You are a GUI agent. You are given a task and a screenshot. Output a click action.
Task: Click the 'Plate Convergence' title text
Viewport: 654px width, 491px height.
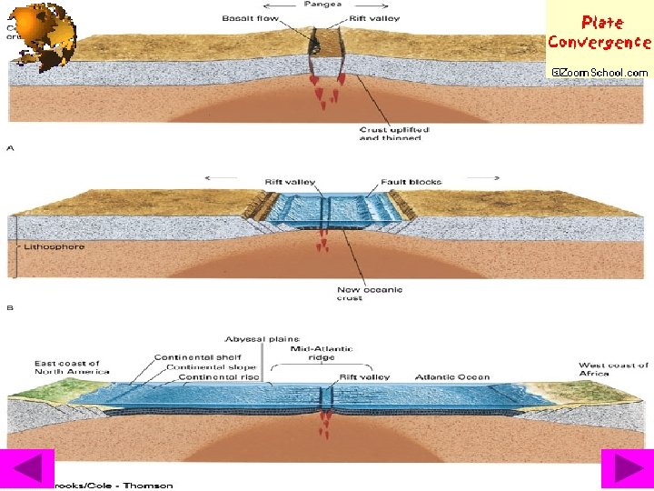point(599,32)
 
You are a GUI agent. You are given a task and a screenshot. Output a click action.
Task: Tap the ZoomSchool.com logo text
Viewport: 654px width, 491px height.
point(599,72)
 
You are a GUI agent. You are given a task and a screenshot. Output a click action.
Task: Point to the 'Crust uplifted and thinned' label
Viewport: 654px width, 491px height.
point(393,134)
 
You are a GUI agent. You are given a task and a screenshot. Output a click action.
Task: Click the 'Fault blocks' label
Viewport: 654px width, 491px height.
point(411,182)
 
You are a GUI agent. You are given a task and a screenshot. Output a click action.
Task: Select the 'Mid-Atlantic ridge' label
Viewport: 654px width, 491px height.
point(322,353)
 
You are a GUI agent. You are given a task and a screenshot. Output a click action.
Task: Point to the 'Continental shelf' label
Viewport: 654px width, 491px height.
point(195,357)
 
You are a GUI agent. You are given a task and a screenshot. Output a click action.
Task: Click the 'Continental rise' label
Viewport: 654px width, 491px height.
point(218,377)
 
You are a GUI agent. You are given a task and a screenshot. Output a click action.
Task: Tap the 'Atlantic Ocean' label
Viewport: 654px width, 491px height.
point(451,377)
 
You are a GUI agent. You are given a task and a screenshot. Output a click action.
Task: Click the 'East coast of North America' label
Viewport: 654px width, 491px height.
point(72,367)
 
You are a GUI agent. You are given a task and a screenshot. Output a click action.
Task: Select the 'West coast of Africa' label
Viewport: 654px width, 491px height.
point(613,369)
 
